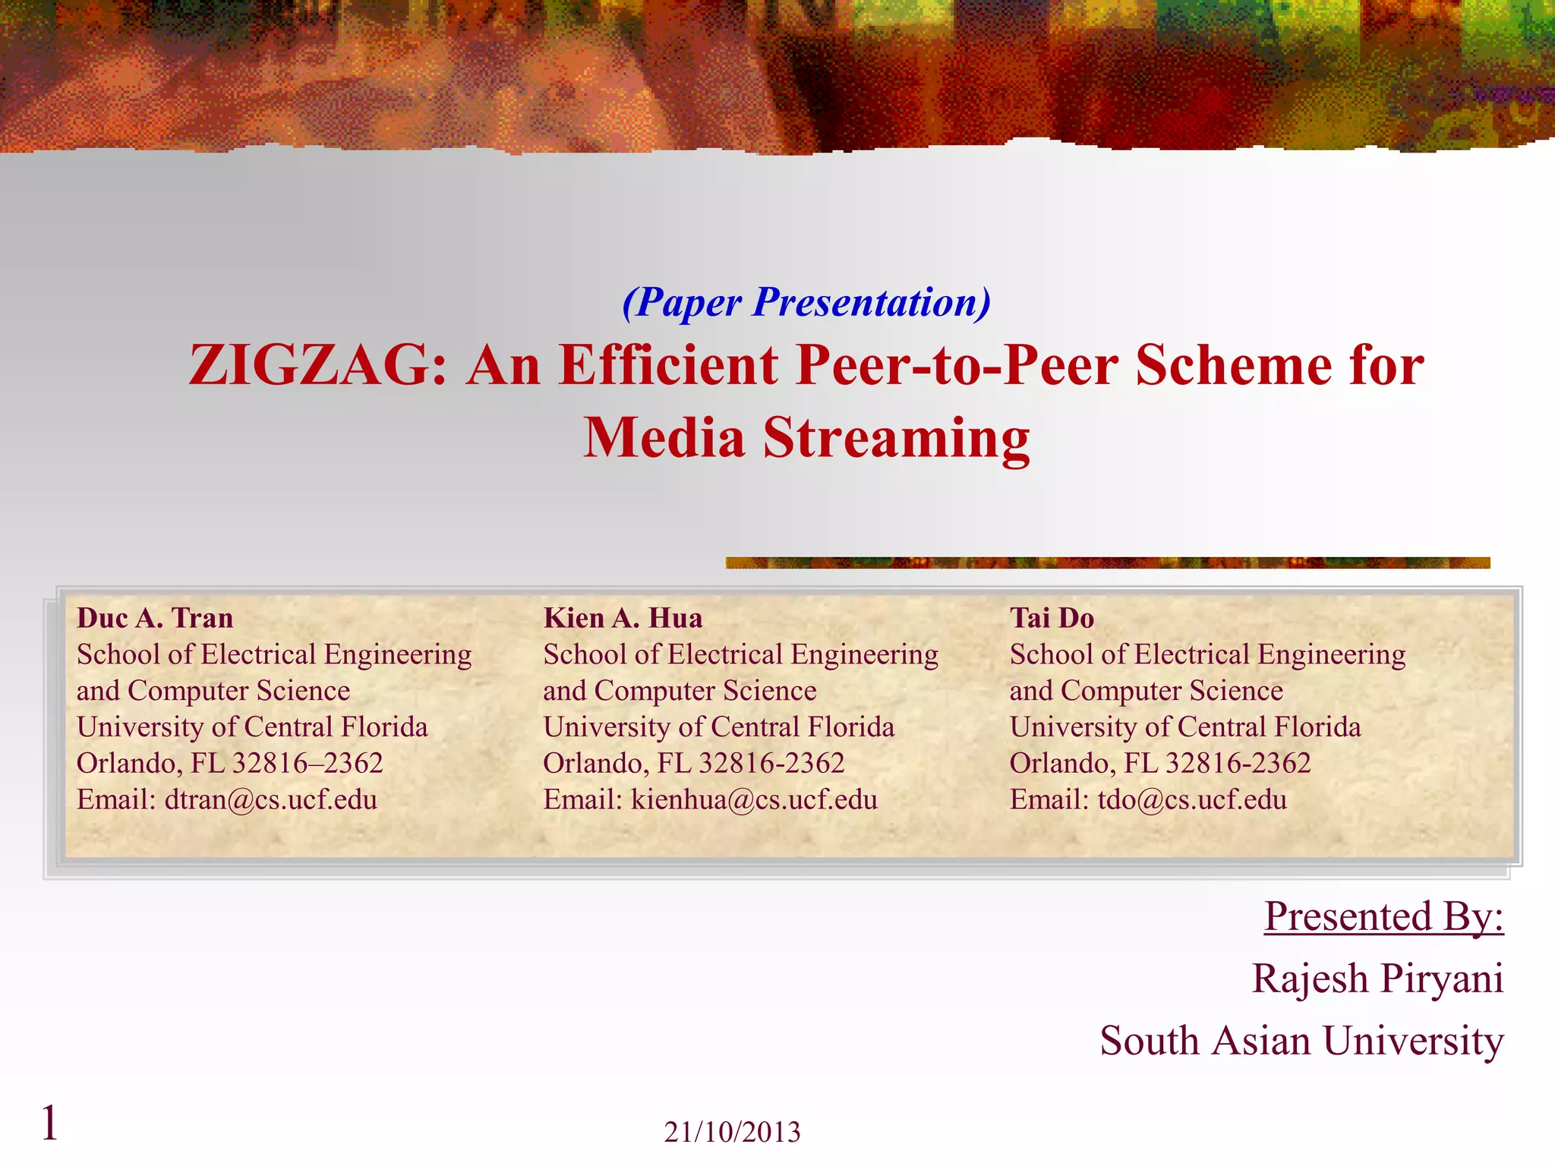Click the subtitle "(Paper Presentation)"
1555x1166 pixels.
click(806, 302)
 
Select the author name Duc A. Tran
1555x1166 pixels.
click(155, 618)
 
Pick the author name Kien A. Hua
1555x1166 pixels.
click(623, 618)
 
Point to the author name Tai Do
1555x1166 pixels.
click(1052, 618)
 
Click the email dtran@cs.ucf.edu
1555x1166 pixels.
click(270, 799)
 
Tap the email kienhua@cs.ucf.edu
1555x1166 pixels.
click(754, 799)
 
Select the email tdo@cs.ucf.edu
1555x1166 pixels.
click(1192, 799)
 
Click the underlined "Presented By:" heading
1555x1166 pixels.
click(1383, 916)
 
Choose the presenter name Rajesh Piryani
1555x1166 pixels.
click(1377, 978)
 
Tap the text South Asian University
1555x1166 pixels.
click(1301, 1040)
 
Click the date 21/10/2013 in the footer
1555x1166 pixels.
click(732, 1132)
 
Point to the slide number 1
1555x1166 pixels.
click(49, 1123)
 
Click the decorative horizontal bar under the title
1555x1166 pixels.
click(1107, 563)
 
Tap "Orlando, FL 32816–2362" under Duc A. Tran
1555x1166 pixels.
click(229, 763)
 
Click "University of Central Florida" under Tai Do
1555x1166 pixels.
click(1184, 726)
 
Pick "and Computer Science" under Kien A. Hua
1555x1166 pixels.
click(680, 691)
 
